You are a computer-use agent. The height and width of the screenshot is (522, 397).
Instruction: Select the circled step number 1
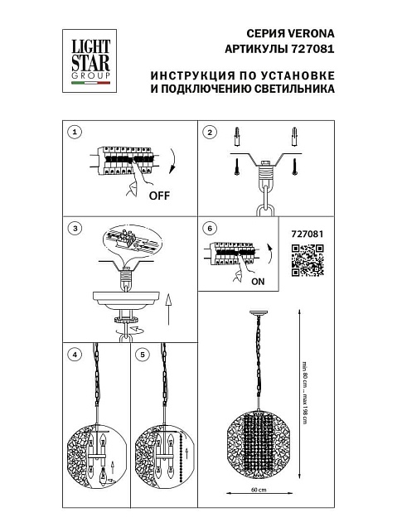(x=76, y=133)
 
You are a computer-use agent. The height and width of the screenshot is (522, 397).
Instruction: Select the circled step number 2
(x=210, y=133)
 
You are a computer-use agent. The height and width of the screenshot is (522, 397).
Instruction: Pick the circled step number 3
(x=76, y=229)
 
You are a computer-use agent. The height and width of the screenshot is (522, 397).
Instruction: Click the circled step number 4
(x=76, y=355)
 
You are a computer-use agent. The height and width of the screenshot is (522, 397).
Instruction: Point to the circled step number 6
(x=210, y=229)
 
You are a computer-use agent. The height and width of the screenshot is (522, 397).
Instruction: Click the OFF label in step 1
(x=159, y=196)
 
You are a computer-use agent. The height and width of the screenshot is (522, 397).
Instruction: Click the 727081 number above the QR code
(x=307, y=234)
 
